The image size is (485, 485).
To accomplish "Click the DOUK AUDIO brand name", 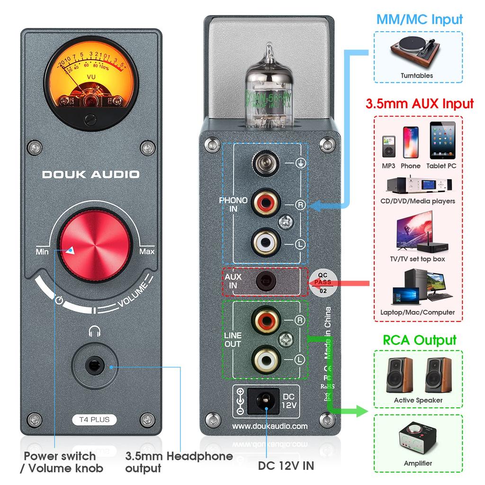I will pos(91,174).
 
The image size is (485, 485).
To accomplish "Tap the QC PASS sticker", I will pos(323,282).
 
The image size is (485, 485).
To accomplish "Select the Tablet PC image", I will pos(442,141).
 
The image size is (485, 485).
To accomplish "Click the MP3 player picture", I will pos(388,147).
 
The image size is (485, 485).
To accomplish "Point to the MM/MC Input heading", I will pos(419,20).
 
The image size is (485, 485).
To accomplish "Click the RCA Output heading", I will pos(419,340).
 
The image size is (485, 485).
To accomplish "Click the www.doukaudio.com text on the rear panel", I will pos(270,426).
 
